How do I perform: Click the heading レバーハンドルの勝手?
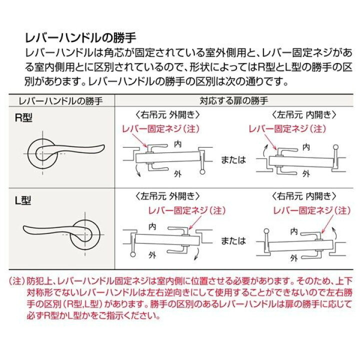80,38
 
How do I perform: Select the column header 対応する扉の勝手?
233,100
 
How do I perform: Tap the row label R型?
23,118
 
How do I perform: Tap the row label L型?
23,200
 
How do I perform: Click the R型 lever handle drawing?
66,152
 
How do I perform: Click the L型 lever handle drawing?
61,234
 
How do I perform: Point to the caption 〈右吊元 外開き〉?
167,114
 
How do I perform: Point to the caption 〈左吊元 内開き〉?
304,114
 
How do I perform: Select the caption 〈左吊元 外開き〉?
167,196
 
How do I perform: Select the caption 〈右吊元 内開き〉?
304,196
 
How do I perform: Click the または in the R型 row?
233,159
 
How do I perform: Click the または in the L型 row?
233,240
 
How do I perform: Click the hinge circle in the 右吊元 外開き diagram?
202,171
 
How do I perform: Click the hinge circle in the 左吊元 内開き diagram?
335,147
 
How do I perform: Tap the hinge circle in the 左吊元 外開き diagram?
132,254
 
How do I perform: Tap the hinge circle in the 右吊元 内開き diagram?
266,231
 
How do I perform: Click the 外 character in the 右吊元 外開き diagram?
177,174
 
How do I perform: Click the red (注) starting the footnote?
17,281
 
